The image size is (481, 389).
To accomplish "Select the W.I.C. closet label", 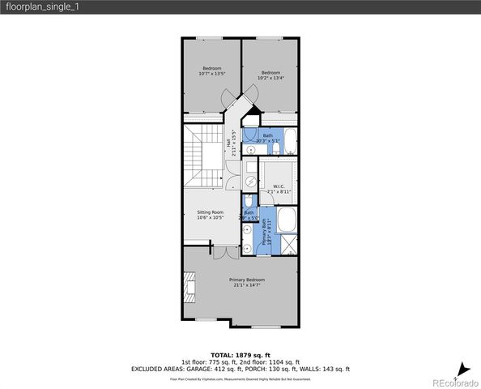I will tap(278, 186).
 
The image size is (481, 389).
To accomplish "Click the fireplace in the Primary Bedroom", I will tap(190, 285).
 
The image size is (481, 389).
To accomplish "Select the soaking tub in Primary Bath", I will tap(287, 220).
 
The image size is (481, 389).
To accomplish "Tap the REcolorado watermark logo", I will tap(454, 382).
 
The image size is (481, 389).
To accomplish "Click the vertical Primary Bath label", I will tap(264, 232).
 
